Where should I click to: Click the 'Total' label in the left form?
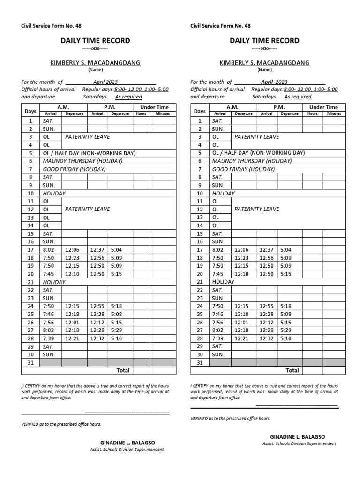coord(123,370)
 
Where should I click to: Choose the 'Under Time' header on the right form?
coord(323,107)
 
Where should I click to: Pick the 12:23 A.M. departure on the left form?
coord(72,258)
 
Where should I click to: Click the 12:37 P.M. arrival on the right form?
coord(266,250)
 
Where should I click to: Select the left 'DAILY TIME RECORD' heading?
coord(95,41)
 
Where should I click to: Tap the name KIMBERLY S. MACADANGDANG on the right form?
coord(264,63)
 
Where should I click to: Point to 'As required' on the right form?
coord(298,97)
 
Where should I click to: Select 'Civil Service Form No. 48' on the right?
coord(220,26)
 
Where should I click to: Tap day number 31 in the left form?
coord(30,362)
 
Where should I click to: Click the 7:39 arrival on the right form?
coord(219,338)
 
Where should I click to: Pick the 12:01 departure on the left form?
coord(72,322)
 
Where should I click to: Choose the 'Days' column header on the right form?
coord(200,111)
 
